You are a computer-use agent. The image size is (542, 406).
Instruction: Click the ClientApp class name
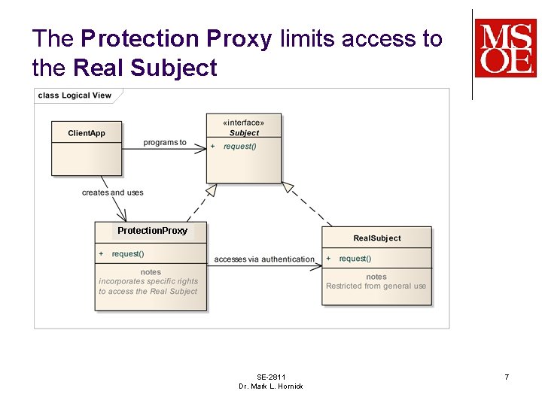(x=87, y=134)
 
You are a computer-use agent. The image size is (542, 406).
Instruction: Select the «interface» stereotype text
(x=243, y=123)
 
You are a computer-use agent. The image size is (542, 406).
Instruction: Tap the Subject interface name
(x=244, y=133)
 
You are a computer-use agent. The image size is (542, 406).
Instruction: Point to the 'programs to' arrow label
(x=165, y=143)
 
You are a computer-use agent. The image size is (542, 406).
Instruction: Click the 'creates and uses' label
(x=112, y=192)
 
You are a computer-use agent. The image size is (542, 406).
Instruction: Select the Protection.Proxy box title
(x=152, y=231)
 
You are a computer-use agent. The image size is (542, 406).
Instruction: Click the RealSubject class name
(x=377, y=238)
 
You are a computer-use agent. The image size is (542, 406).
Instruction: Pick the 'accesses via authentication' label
(x=264, y=259)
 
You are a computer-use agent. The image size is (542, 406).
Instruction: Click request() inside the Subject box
(x=239, y=147)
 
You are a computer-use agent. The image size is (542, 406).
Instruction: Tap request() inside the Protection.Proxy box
(x=128, y=254)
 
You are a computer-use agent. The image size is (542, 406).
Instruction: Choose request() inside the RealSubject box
(x=355, y=259)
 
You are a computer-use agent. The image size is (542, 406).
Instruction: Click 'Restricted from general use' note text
(x=376, y=286)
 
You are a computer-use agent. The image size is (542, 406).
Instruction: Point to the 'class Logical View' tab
(x=75, y=95)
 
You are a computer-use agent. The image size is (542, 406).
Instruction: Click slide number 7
(x=507, y=377)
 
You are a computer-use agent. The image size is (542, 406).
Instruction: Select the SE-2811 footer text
(x=271, y=377)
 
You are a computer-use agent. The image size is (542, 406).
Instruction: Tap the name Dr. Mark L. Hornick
(x=271, y=386)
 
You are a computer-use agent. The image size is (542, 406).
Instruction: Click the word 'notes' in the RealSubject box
(x=376, y=277)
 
